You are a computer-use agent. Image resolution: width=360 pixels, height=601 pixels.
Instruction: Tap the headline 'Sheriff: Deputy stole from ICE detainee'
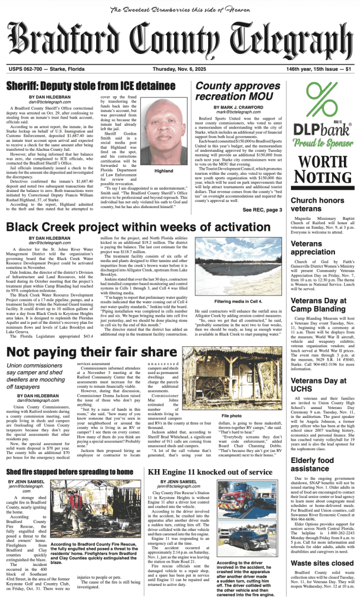coord(91,86)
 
